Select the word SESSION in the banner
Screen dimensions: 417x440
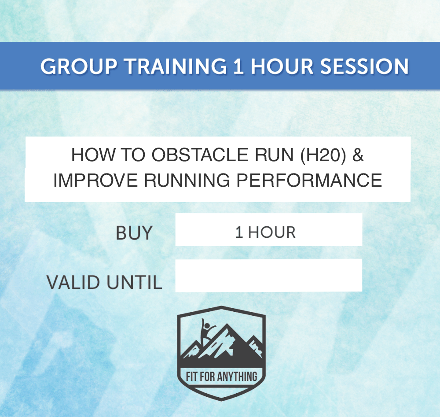[364, 66]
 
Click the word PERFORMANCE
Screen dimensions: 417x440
[315, 181]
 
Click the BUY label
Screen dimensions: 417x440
[134, 233]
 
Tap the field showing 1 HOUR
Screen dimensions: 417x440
[268, 230]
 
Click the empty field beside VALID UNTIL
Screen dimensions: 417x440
[268, 276]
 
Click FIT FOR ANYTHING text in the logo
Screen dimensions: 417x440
[221, 377]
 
